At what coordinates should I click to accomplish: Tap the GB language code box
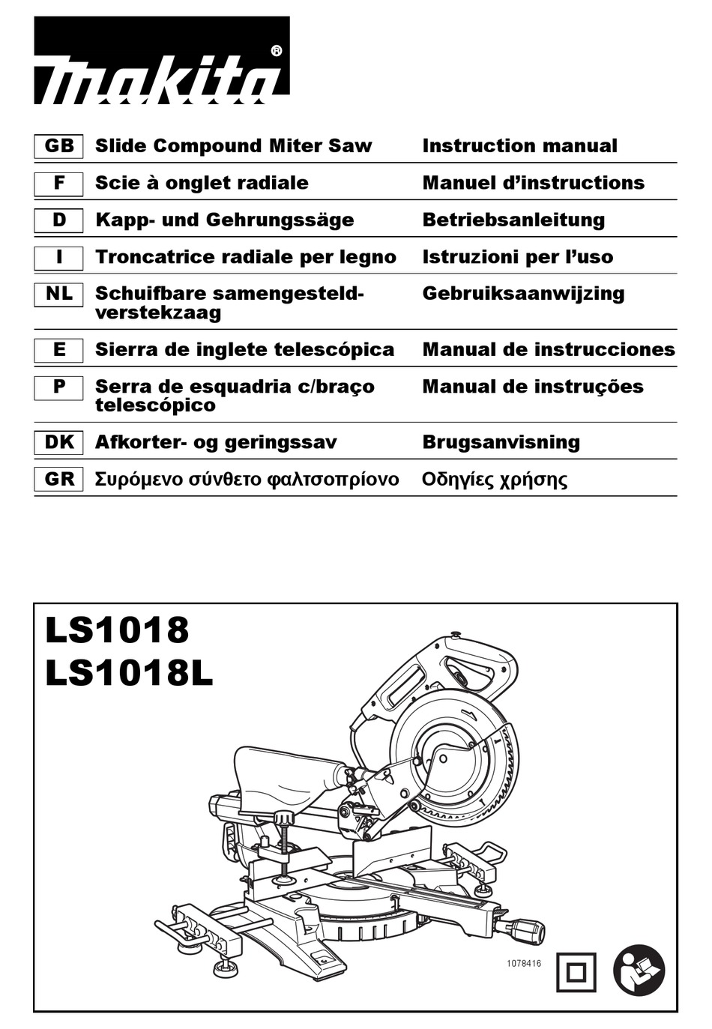tap(58, 146)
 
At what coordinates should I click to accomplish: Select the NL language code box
tap(58, 294)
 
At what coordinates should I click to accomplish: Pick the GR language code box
tap(58, 479)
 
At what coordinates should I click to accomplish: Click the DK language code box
tap(58, 442)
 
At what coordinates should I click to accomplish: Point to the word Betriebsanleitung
tap(513, 220)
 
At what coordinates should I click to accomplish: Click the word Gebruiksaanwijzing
tap(523, 294)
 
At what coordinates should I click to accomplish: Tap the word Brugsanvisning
tap(501, 442)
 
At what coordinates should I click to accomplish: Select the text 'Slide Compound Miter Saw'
tap(233, 146)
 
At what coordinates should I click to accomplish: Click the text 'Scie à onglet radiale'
tap(202, 183)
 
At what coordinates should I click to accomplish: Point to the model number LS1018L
tap(129, 673)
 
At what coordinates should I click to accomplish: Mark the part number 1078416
tap(524, 964)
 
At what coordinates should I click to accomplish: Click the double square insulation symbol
tap(576, 972)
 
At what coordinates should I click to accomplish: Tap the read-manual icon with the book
tap(639, 971)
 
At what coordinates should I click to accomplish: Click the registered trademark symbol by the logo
tap(277, 51)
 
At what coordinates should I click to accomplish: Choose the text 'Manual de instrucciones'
tap(548, 350)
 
